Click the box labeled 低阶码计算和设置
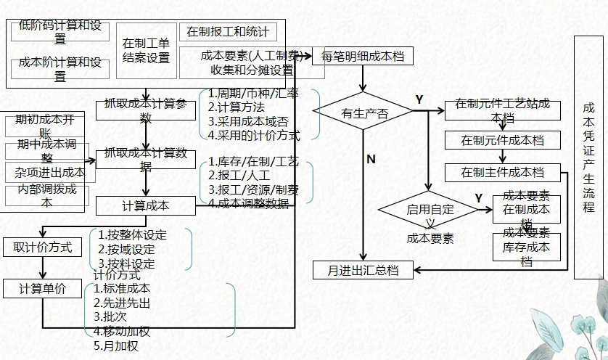tap(60, 32)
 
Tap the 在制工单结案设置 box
tap(147, 50)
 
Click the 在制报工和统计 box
tap(228, 32)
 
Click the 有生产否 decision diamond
tap(363, 112)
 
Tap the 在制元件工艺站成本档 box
tap(502, 110)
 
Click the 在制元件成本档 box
tap(502, 140)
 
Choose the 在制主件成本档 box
tap(502, 173)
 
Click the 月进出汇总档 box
tap(363, 271)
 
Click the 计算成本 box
tap(145, 205)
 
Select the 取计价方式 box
tap(43, 247)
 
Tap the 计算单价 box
tap(43, 288)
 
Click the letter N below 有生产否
tap(371, 159)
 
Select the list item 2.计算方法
tap(236, 107)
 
